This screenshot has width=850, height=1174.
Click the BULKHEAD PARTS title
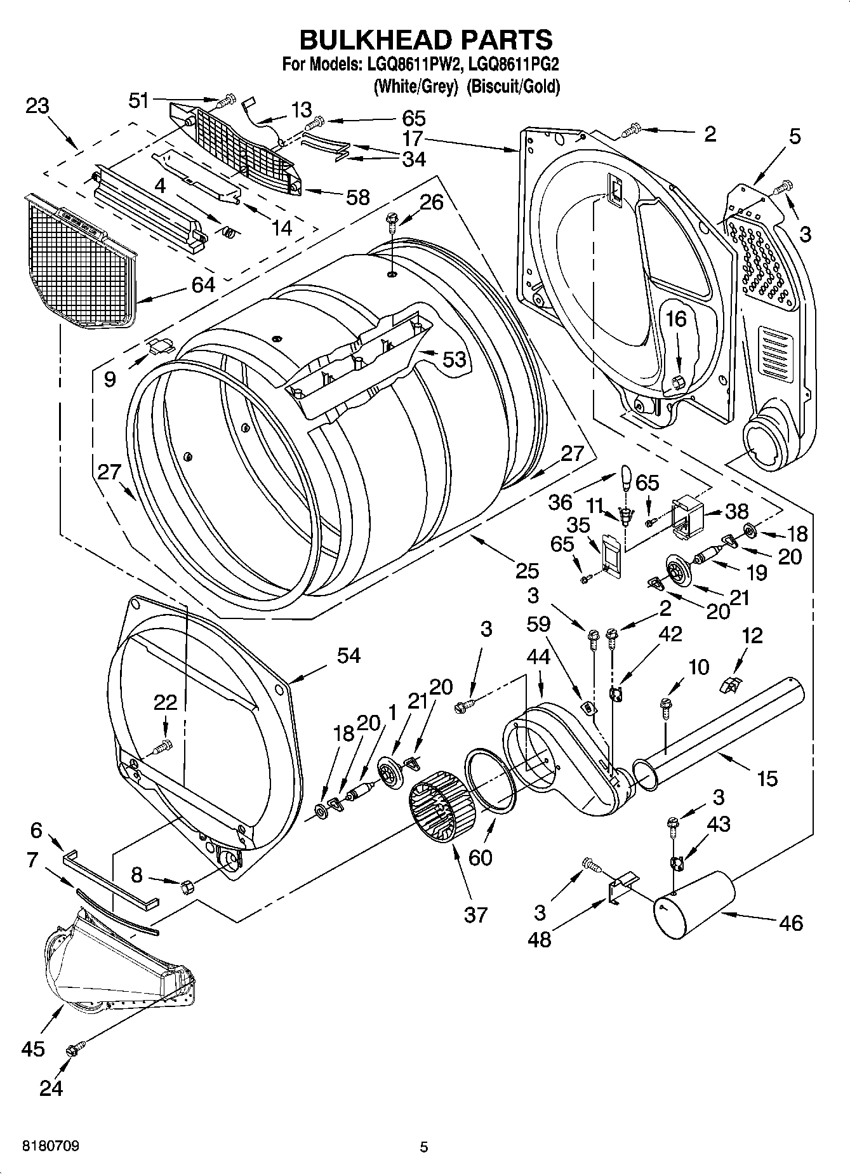pyautogui.click(x=425, y=39)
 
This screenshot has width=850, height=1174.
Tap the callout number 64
pyautogui.click(x=203, y=285)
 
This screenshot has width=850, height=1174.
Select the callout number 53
pyautogui.click(x=455, y=359)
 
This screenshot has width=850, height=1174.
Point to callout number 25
pyautogui.click(x=527, y=571)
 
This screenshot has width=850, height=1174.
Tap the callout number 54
pyautogui.click(x=349, y=655)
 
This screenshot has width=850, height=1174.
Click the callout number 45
pyautogui.click(x=33, y=1048)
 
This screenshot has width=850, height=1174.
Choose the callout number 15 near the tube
pyautogui.click(x=767, y=778)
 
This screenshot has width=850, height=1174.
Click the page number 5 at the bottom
pyautogui.click(x=424, y=1147)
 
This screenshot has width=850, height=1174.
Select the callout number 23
pyautogui.click(x=37, y=105)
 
